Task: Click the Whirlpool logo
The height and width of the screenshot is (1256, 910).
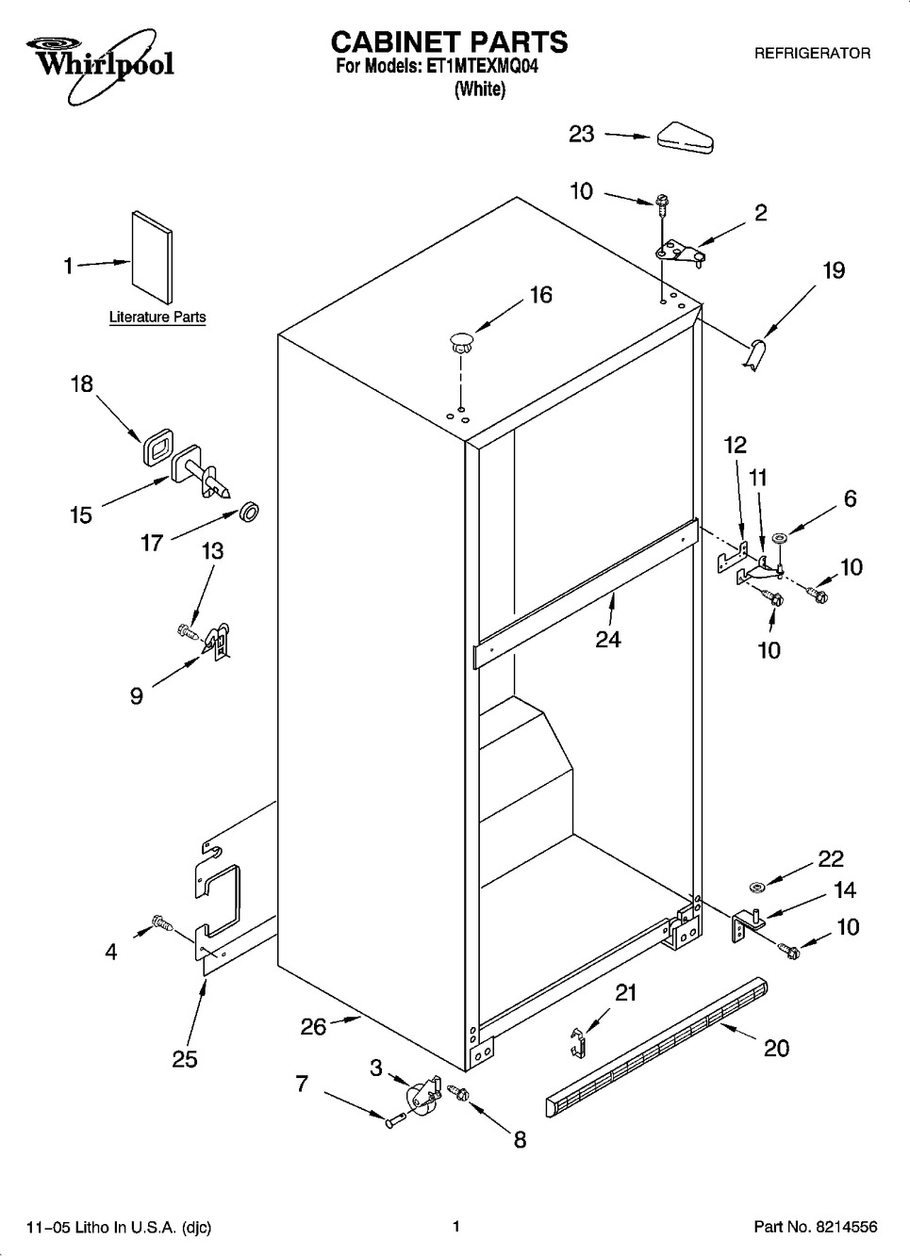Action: tap(99, 63)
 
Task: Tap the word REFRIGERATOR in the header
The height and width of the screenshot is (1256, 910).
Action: tap(812, 54)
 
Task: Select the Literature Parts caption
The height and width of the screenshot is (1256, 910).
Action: tap(157, 317)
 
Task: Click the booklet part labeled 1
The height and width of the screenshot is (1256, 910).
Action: tap(152, 257)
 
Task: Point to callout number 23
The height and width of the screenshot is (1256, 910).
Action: tap(581, 135)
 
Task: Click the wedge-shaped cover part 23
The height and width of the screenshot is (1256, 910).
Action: tap(685, 138)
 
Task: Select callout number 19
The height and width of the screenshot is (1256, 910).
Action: tap(834, 270)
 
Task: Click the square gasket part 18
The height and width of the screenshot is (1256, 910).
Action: tap(157, 447)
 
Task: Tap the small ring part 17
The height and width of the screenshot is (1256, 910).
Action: tap(249, 512)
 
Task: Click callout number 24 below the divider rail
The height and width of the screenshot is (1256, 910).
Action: tap(608, 639)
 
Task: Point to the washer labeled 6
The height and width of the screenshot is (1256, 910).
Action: tap(779, 538)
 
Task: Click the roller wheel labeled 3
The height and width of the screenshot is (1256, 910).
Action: tap(422, 1090)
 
